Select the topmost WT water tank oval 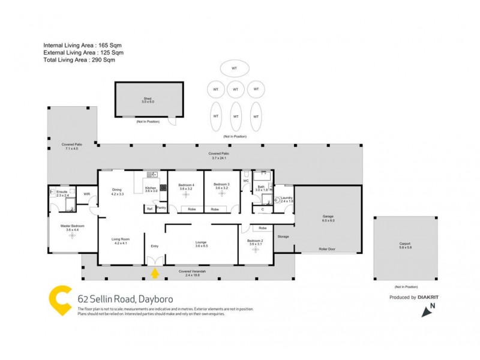(235, 68)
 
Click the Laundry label (287, 199)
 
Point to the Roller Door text (327, 247)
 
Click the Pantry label (161, 208)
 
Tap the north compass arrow (428, 311)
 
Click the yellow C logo (59, 300)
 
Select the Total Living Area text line (79, 60)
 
